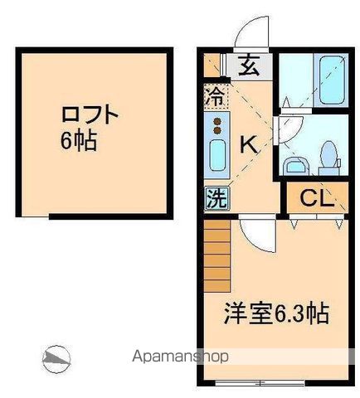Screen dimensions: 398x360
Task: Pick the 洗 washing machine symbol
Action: click(216, 198)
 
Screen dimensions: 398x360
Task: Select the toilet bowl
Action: click(328, 156)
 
